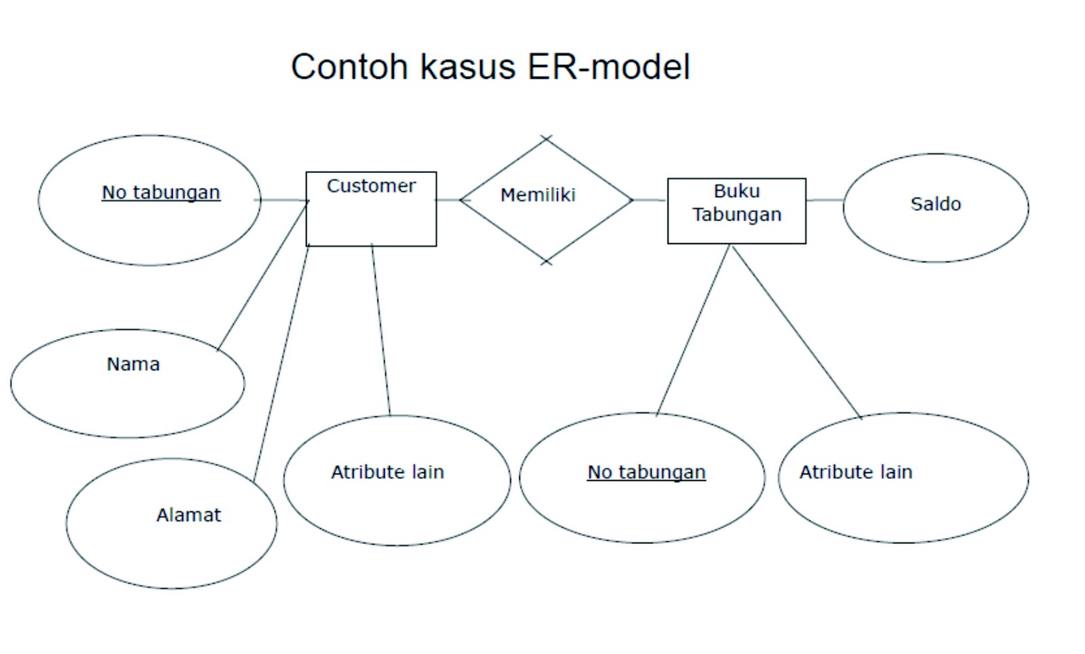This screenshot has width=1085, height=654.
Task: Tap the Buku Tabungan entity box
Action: (x=736, y=211)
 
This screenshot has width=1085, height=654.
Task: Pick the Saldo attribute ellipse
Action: (x=936, y=208)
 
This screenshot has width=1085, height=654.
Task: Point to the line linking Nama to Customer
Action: (x=262, y=276)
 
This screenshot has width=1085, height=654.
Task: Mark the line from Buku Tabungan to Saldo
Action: (x=825, y=200)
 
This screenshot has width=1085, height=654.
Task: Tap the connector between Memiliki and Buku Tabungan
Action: (x=649, y=200)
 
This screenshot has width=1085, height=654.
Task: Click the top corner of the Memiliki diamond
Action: (x=546, y=138)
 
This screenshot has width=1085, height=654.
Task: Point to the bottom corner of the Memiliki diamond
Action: (x=546, y=261)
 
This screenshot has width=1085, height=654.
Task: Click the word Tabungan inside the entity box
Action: (x=736, y=214)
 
